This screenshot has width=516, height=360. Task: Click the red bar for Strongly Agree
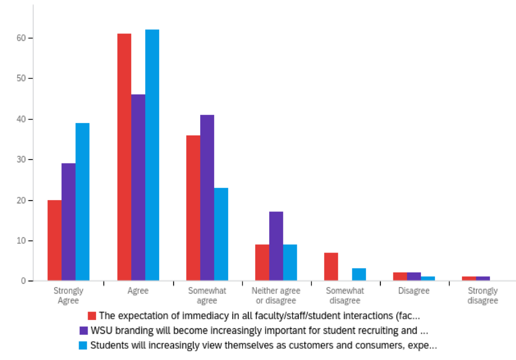pos(55,240)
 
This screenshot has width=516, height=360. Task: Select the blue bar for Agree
pos(152,155)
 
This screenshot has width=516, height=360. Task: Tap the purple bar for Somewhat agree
pos(207,197)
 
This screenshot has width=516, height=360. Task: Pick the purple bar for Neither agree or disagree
pos(276,246)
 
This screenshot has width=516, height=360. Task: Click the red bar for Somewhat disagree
pos(331,267)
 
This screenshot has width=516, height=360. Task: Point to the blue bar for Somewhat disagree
pos(359,274)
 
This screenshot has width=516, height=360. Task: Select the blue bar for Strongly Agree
pos(83,201)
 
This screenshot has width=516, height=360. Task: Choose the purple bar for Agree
pos(138,187)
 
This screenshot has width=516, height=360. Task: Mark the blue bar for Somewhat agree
pos(221,234)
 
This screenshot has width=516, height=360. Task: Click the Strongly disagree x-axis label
pos(482,295)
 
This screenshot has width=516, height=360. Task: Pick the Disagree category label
pos(413,291)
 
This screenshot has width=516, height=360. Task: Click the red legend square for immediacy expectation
pos(92,316)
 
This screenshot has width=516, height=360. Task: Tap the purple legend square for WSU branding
pos(84,330)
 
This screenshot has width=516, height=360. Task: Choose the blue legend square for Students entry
pos(84,345)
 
